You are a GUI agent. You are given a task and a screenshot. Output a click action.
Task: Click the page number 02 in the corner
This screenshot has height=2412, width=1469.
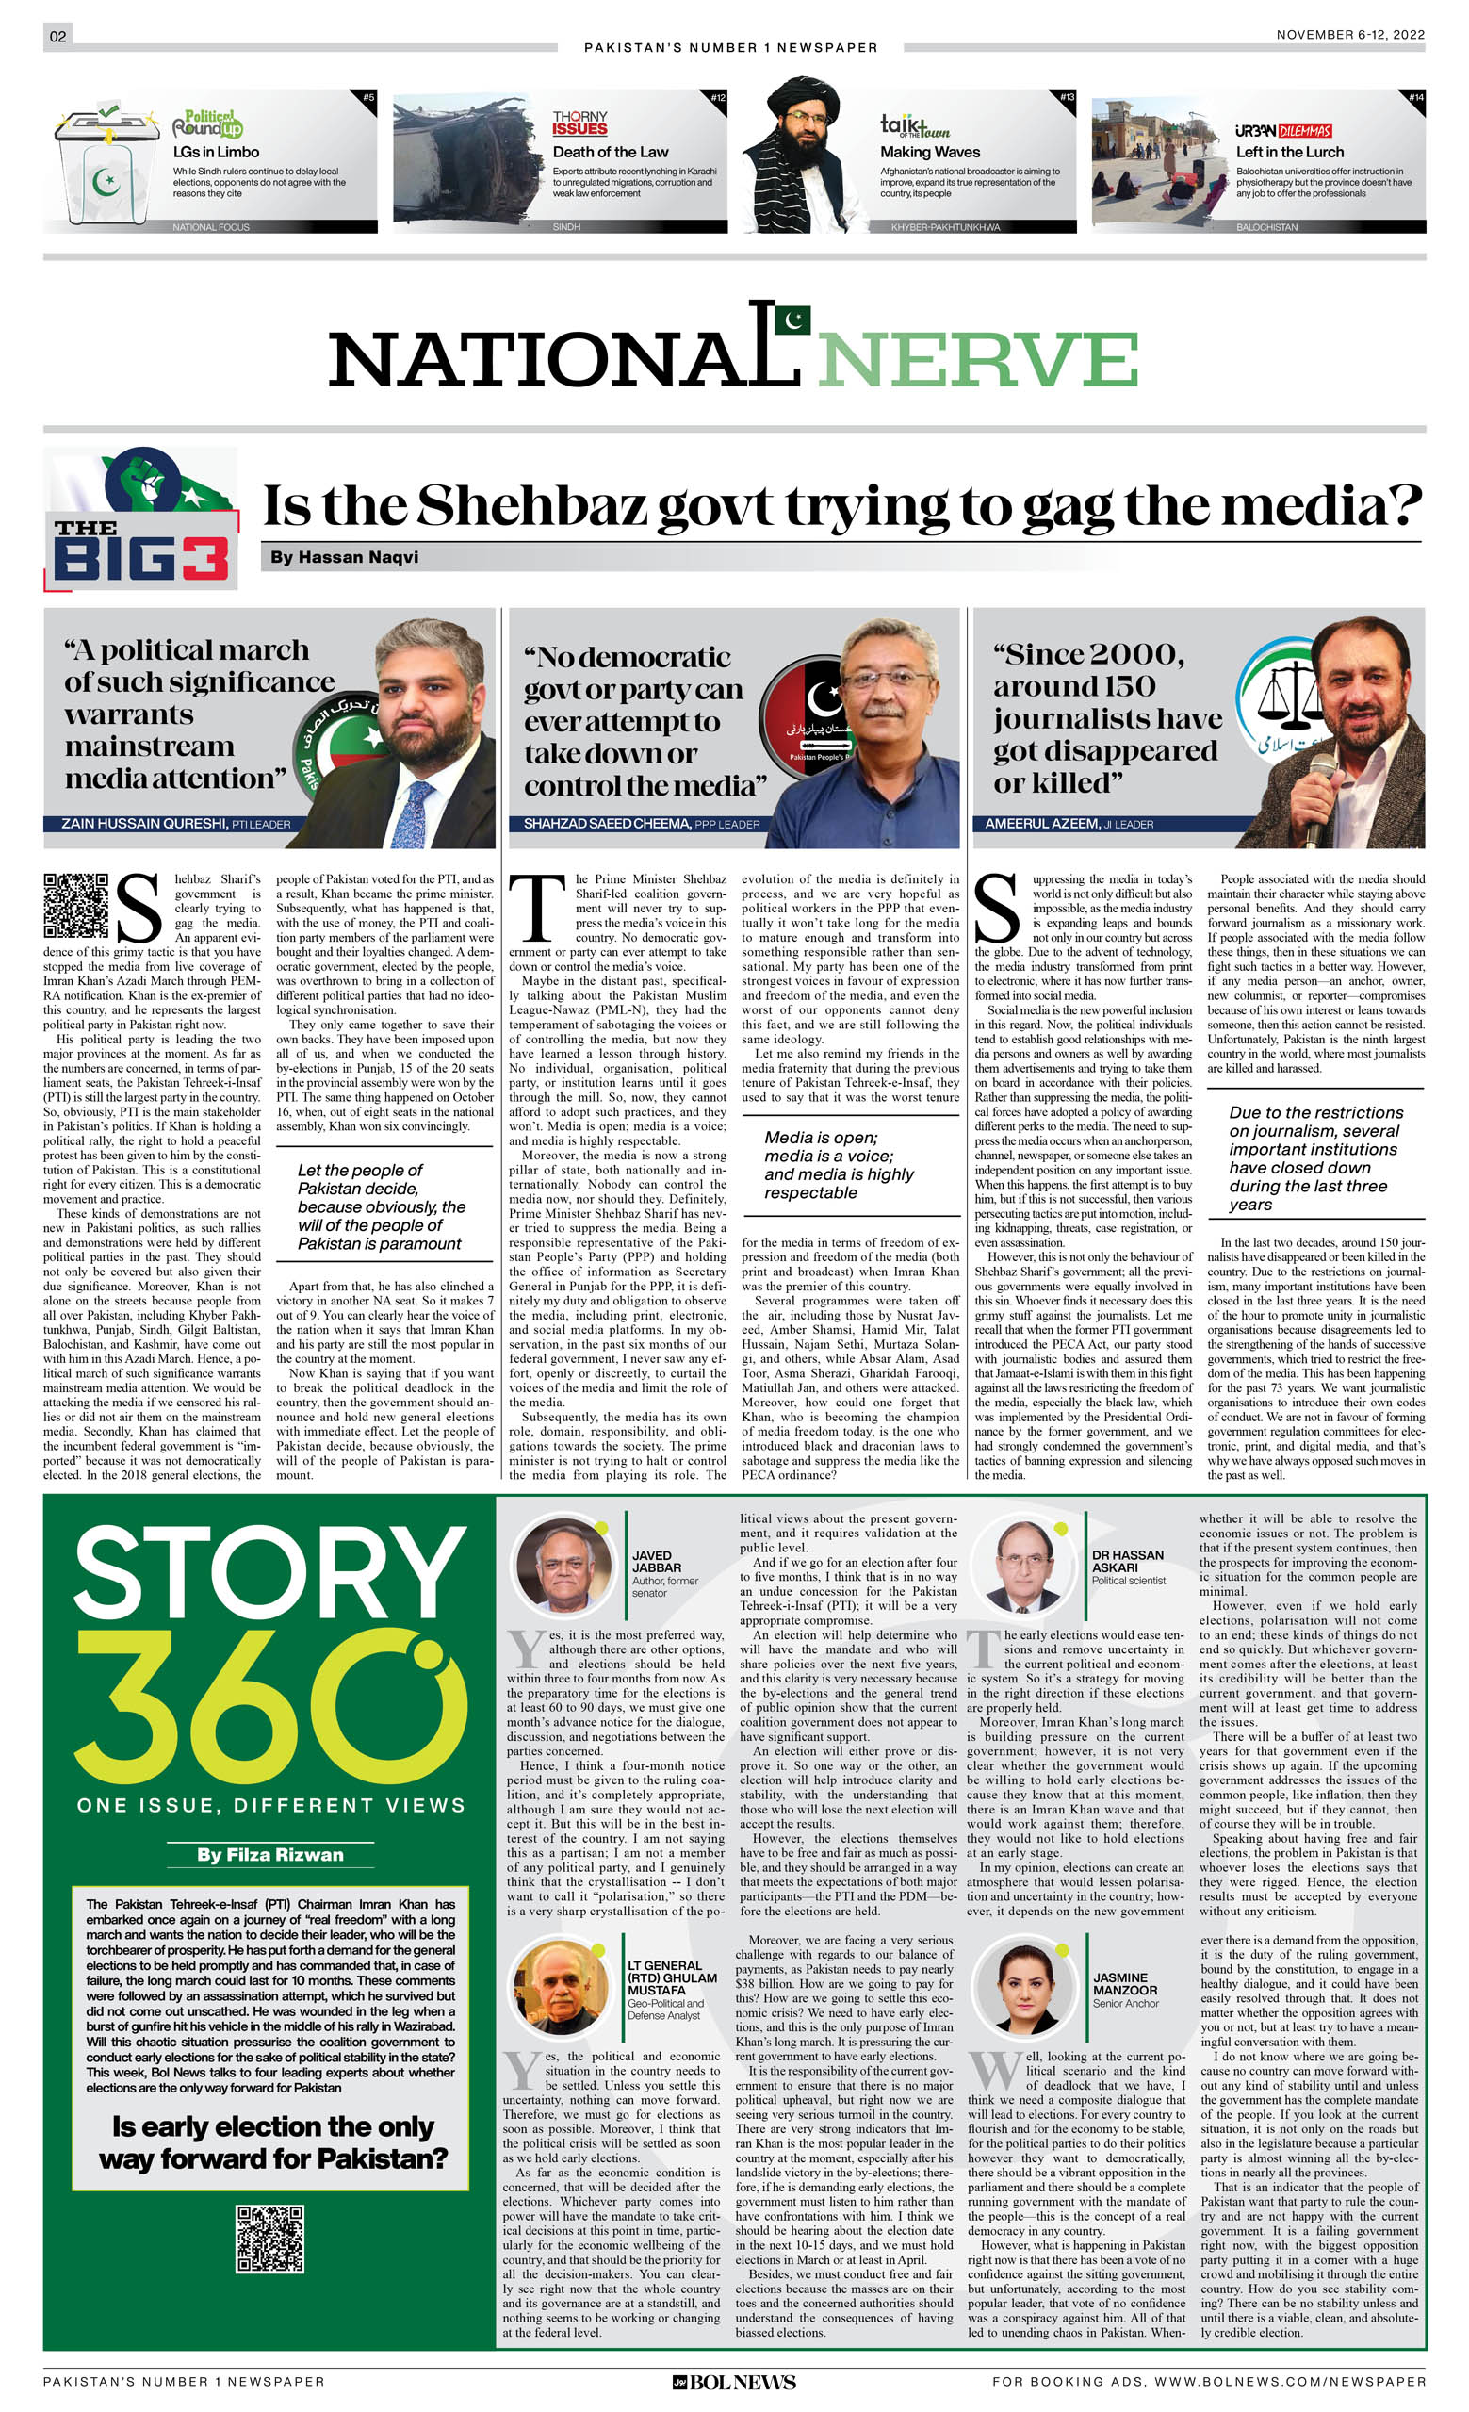[x=57, y=36]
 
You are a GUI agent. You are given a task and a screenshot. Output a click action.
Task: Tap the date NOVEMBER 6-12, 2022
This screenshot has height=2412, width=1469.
[x=1349, y=34]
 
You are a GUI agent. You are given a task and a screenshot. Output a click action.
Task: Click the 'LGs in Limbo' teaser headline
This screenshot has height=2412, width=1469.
[x=217, y=152]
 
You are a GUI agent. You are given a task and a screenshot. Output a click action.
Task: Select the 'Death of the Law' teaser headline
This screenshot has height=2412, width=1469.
[x=610, y=152]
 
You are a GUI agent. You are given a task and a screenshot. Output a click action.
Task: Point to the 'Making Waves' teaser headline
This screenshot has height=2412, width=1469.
[x=929, y=152]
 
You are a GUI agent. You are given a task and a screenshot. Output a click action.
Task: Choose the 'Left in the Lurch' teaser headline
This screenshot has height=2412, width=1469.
[x=1289, y=152]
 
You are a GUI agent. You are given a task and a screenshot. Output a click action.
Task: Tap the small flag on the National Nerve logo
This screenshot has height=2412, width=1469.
[x=792, y=320]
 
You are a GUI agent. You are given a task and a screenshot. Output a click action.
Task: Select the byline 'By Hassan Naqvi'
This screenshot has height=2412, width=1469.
[x=344, y=557]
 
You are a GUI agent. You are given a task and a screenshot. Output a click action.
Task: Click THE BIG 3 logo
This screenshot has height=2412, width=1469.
[x=140, y=519]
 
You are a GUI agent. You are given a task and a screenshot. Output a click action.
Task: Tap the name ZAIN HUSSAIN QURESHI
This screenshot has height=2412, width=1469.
[x=144, y=823]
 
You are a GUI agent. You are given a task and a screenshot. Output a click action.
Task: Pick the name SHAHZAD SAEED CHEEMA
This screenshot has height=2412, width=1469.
[x=606, y=823]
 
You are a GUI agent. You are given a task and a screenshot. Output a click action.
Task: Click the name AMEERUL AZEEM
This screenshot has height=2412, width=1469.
[x=1041, y=823]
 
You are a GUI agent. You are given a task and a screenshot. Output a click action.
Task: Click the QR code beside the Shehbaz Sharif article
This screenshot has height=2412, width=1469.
[x=75, y=905]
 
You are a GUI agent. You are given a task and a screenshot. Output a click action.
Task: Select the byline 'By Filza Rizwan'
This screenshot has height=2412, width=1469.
[x=269, y=1854]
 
